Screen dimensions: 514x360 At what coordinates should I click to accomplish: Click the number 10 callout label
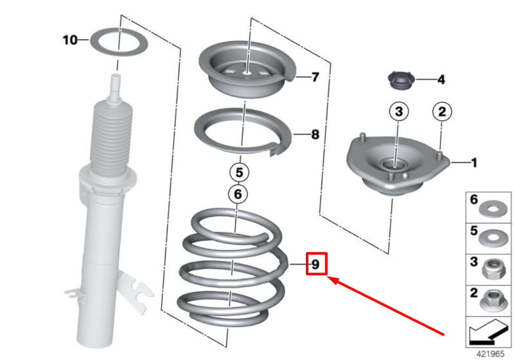70,40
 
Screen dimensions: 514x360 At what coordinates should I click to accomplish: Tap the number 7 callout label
315,77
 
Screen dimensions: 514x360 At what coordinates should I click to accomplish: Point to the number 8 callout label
315,134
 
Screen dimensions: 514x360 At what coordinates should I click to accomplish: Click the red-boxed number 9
316,264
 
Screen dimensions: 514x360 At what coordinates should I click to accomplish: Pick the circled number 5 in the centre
240,172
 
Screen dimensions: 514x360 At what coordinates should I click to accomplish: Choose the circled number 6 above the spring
238,194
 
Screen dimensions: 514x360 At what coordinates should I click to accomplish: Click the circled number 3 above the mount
399,112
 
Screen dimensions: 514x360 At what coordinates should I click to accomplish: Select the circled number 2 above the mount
442,112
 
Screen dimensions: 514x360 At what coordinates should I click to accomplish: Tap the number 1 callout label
474,163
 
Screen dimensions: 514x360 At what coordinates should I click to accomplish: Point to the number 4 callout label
441,79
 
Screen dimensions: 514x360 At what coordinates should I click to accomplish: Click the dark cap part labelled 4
401,80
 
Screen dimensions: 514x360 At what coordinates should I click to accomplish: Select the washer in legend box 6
493,209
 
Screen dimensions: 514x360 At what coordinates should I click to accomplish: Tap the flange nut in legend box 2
493,300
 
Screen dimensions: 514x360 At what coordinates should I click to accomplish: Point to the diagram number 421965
490,354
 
